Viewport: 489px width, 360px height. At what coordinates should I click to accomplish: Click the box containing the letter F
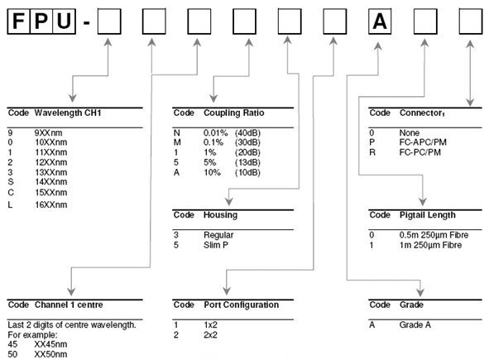pos(18,22)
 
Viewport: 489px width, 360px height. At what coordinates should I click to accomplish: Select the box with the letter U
pos(65,22)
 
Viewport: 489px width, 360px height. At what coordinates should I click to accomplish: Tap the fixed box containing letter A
pos(380,22)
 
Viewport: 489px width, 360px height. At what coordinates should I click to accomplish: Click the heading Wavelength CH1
pos(68,113)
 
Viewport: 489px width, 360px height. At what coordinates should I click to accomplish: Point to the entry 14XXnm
pos(50,182)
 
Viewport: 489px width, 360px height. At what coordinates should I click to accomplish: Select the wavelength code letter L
pos(10,205)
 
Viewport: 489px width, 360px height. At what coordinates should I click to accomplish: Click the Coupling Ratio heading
pos(234,113)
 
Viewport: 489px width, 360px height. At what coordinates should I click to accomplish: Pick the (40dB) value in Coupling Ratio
pos(247,133)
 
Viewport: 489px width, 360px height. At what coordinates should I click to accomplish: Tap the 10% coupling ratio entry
pos(212,172)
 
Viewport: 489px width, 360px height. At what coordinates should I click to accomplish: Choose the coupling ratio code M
pos(177,142)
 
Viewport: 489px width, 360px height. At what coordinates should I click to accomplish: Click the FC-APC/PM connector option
pos(423,142)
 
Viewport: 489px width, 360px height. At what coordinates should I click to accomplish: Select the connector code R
pos(372,152)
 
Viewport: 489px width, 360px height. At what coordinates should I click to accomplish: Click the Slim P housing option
pos(216,245)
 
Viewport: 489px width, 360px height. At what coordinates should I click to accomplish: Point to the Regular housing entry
pos(218,235)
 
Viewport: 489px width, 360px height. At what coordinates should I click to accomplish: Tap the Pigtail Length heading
pos(428,215)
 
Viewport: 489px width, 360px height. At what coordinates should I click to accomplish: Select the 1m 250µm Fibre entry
pos(430,245)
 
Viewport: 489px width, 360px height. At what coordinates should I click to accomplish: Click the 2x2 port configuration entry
pos(210,335)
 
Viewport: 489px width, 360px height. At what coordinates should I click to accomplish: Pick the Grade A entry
pos(415,325)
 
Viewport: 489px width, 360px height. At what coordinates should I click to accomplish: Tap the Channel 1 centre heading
pos(69,305)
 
